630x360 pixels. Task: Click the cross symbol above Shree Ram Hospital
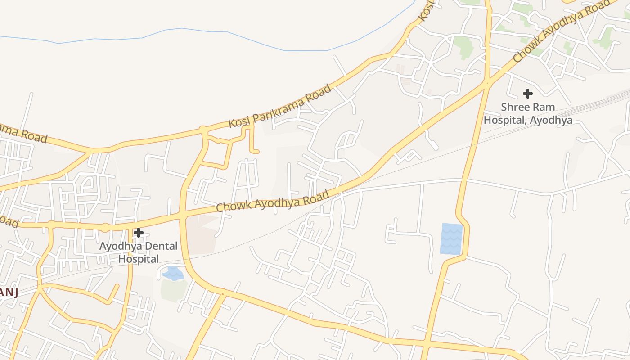(527, 94)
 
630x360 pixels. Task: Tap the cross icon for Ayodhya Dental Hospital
(139, 233)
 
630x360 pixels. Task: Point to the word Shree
(516, 108)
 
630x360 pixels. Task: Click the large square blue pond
(451, 239)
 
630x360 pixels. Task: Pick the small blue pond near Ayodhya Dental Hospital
(173, 273)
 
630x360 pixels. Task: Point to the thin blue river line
(225, 32)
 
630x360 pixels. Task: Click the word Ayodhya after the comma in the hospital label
(551, 120)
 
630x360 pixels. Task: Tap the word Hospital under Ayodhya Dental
(139, 259)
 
